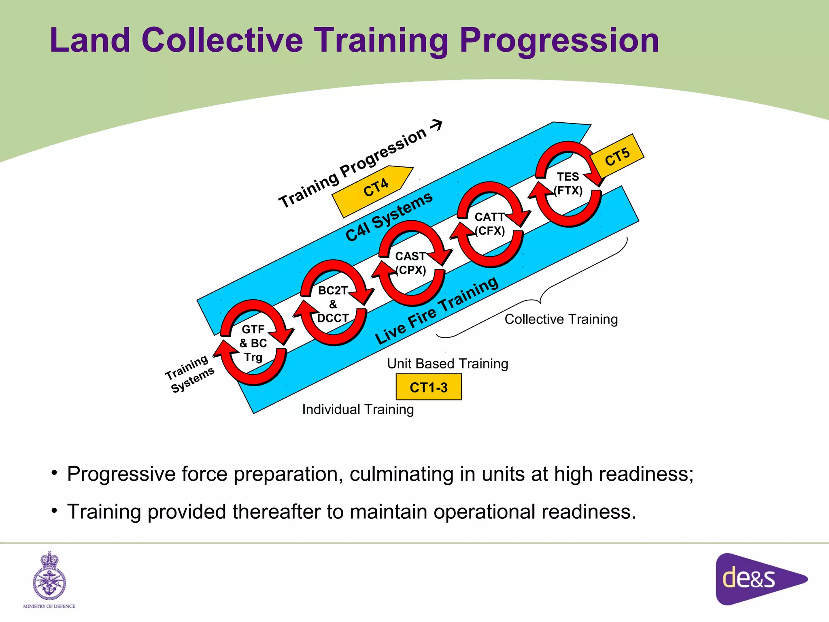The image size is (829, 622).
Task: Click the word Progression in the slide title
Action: [x=559, y=40]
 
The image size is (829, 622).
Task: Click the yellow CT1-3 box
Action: [x=429, y=388]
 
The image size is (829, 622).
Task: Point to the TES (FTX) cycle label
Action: [x=568, y=183]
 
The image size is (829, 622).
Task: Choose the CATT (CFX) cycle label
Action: [x=490, y=224]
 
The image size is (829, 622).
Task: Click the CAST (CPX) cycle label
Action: [x=411, y=263]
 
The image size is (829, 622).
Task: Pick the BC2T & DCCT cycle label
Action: [x=333, y=304]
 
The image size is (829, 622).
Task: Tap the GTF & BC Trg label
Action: [x=253, y=343]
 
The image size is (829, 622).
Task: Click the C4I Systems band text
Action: [x=389, y=217]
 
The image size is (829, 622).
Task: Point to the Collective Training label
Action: [x=561, y=320]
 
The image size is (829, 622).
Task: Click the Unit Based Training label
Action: [x=447, y=364]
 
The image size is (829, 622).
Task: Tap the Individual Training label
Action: [x=358, y=409]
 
